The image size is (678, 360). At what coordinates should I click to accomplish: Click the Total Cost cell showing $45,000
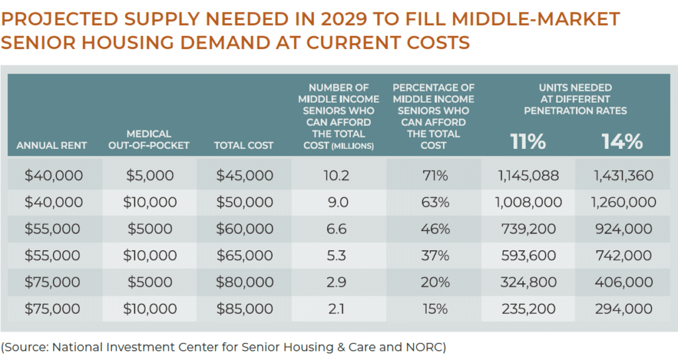pyautogui.click(x=244, y=175)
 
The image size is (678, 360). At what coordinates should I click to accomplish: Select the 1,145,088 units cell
pyautogui.click(x=528, y=175)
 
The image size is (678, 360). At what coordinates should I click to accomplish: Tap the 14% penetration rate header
pyautogui.click(x=622, y=142)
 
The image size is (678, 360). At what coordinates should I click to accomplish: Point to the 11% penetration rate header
pyautogui.click(x=528, y=142)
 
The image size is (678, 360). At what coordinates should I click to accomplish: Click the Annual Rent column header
pyautogui.click(x=52, y=145)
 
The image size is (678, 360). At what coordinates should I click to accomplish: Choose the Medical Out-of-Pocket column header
pyautogui.click(x=148, y=140)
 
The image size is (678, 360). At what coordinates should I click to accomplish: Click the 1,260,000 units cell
pyautogui.click(x=622, y=202)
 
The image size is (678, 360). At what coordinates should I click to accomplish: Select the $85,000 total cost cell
pyautogui.click(x=244, y=309)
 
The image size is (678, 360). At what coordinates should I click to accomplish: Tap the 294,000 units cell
pyautogui.click(x=622, y=309)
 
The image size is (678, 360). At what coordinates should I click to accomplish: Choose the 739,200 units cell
pyautogui.click(x=528, y=229)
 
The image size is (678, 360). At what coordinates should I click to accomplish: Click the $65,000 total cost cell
pyautogui.click(x=244, y=255)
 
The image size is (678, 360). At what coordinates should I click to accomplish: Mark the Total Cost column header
pyautogui.click(x=244, y=145)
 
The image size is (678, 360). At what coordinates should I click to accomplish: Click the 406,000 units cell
pyautogui.click(x=622, y=283)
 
